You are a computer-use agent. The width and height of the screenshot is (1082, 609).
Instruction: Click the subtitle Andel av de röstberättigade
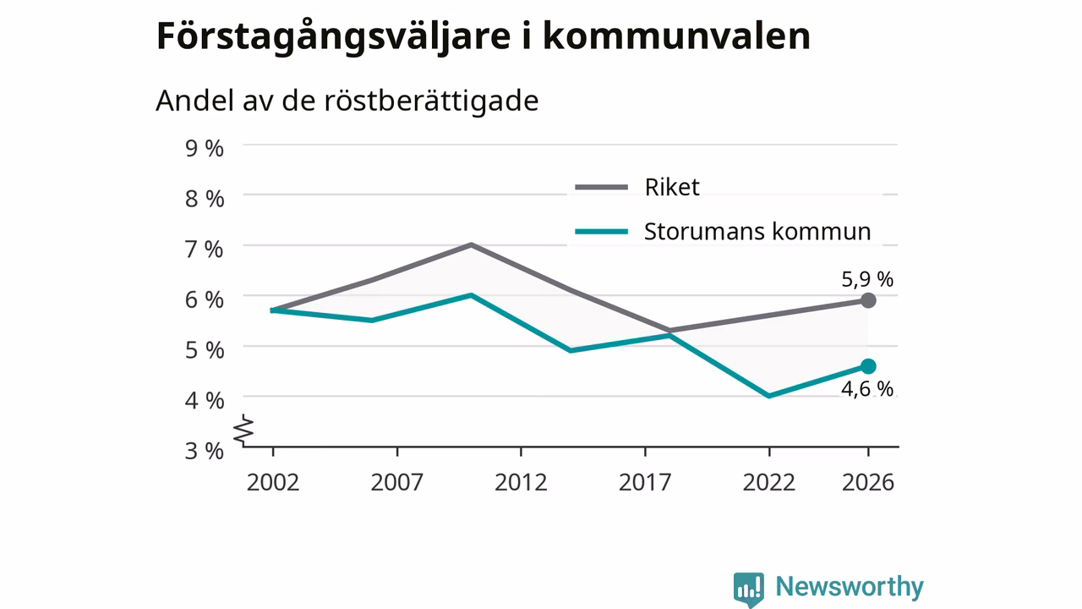(347, 101)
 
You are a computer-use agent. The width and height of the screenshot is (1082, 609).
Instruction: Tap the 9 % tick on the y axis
(205, 148)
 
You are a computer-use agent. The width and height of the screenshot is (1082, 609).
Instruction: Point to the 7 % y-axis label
(205, 249)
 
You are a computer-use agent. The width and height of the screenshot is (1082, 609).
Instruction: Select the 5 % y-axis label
(205, 350)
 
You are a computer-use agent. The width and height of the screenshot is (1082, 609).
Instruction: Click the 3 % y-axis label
(205, 451)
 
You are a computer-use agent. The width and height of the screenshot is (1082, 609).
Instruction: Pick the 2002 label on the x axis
(273, 482)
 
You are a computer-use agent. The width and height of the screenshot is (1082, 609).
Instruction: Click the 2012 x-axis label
(521, 482)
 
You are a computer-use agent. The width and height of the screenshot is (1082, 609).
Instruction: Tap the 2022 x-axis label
(768, 482)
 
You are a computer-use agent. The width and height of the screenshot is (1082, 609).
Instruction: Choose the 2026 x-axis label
(868, 482)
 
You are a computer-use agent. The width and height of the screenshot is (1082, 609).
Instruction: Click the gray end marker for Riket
(868, 300)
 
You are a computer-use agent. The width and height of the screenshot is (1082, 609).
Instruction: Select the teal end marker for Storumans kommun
(868, 366)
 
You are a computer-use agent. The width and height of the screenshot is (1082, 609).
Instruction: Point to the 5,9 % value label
(867, 279)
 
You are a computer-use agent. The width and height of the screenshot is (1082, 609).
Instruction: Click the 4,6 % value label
(867, 389)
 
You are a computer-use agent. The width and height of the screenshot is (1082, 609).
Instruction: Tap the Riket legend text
(672, 187)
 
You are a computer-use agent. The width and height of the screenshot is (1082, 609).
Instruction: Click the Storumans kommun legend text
(757, 232)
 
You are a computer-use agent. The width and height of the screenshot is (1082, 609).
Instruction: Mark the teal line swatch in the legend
(601, 232)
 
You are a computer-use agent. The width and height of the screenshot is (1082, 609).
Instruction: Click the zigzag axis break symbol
(244, 429)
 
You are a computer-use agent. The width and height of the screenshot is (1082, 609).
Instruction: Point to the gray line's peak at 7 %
(471, 244)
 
